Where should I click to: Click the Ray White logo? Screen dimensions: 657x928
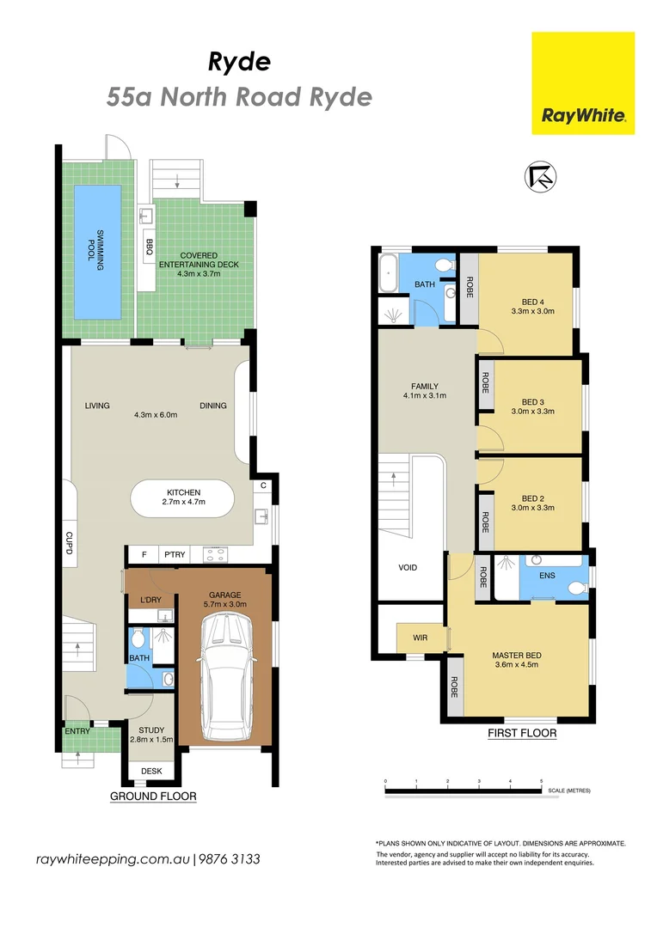click(583, 83)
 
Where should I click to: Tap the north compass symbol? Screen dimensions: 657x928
click(540, 176)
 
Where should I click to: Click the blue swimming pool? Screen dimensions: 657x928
click(97, 253)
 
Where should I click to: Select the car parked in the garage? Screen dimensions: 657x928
click(227, 676)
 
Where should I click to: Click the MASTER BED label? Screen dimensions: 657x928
click(517, 655)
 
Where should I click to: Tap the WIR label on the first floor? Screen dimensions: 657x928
click(420, 638)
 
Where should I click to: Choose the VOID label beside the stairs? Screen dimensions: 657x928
click(408, 568)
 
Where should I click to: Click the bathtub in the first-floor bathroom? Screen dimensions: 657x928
click(388, 273)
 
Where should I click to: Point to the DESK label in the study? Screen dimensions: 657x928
click(151, 771)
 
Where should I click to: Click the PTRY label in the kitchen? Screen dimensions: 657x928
click(175, 554)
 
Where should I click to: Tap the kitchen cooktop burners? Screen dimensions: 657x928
click(214, 554)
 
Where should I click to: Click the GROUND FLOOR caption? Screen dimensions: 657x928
click(153, 796)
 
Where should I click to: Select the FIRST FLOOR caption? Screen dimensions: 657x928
click(522, 733)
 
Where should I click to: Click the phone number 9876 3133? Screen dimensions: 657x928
click(230, 859)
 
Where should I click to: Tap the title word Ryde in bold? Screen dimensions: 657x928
click(239, 62)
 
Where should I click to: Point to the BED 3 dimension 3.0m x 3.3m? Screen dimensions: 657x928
click(533, 412)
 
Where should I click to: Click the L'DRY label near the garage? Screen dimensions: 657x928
click(151, 600)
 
